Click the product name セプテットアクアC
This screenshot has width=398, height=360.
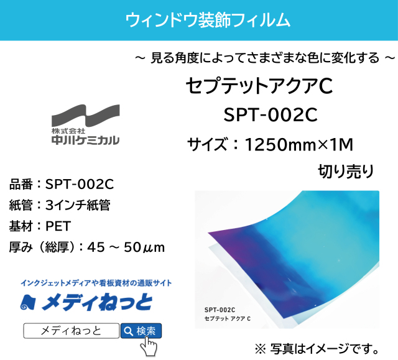point(259,86)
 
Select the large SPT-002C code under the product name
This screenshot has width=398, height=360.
point(270,116)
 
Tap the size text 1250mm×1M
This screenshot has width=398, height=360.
point(299,145)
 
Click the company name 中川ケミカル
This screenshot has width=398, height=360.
point(85,141)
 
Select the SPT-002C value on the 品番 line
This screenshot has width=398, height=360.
point(80,184)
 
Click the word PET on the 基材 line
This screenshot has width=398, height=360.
point(58,226)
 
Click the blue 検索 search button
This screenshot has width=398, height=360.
point(141,330)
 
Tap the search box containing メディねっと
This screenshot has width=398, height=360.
point(70,331)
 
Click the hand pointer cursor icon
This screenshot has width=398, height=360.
point(147,346)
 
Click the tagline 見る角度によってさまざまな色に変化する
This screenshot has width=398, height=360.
point(264,58)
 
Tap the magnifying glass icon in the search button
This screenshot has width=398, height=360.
point(127,331)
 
